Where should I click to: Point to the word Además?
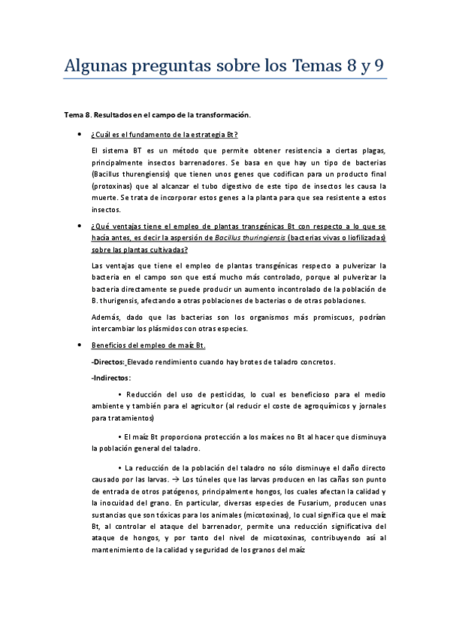pos(106,317)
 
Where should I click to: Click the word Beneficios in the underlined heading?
pos(110,345)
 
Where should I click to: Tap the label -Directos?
pos(108,362)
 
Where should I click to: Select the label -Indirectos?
pos(111,378)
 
